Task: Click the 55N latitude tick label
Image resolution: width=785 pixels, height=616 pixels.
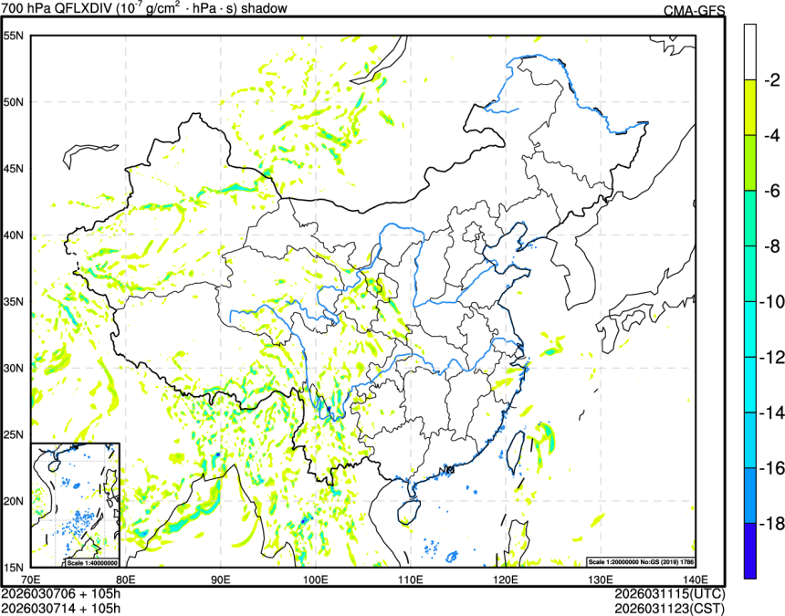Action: point(13,36)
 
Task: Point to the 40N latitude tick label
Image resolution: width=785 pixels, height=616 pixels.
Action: point(13,235)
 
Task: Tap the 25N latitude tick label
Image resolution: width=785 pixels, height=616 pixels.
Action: point(13,434)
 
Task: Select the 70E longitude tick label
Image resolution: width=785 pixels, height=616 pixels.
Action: point(30,579)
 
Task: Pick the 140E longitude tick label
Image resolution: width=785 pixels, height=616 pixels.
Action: point(696,579)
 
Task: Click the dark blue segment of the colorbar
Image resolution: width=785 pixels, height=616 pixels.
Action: point(750,550)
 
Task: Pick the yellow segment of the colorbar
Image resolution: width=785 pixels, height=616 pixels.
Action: point(750,107)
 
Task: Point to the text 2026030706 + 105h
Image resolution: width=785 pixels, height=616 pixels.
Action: point(61,594)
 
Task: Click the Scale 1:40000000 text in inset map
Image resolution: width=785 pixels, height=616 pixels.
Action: point(89,560)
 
